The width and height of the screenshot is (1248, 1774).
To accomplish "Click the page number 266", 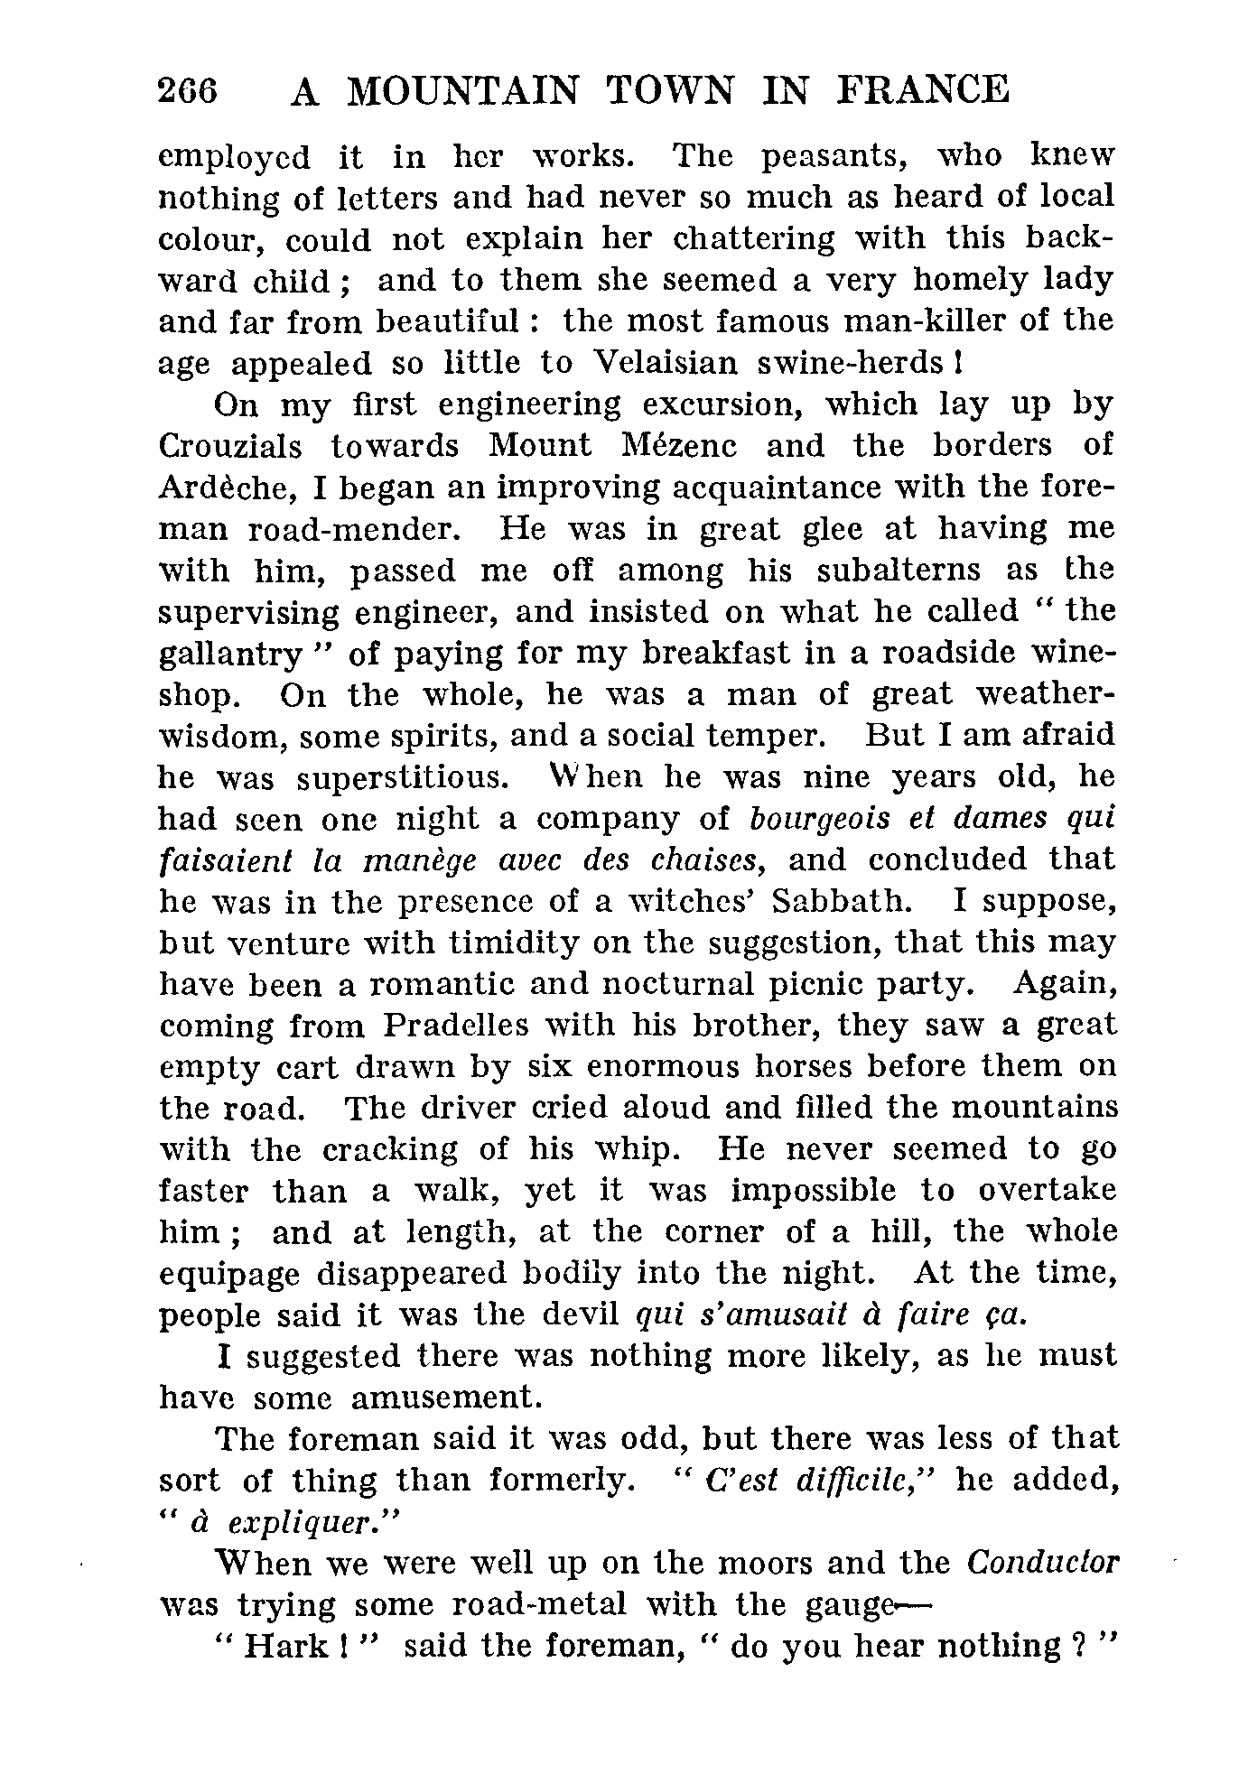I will (x=188, y=92).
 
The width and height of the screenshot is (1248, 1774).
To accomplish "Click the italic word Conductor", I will (x=1041, y=1564).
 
